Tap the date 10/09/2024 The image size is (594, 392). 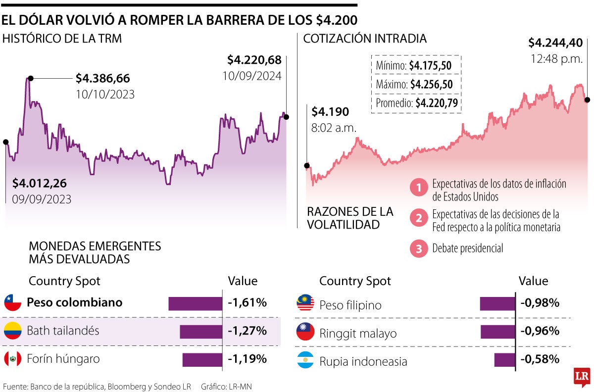[251, 76]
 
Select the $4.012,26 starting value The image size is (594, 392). [39, 183]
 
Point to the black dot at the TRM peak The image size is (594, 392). [31, 78]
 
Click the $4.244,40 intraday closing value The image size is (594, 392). [555, 43]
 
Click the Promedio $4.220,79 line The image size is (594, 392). [416, 103]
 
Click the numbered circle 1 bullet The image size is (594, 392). [419, 188]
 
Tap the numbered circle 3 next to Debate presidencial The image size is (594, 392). [419, 249]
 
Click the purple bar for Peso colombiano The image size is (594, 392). [196, 303]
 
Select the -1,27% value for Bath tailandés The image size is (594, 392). [247, 331]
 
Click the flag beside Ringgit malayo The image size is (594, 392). [305, 331]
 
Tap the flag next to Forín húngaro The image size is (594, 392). [12, 358]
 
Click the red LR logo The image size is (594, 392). [581, 377]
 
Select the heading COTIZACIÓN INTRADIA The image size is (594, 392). [365, 39]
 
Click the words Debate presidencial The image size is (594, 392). [467, 248]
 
